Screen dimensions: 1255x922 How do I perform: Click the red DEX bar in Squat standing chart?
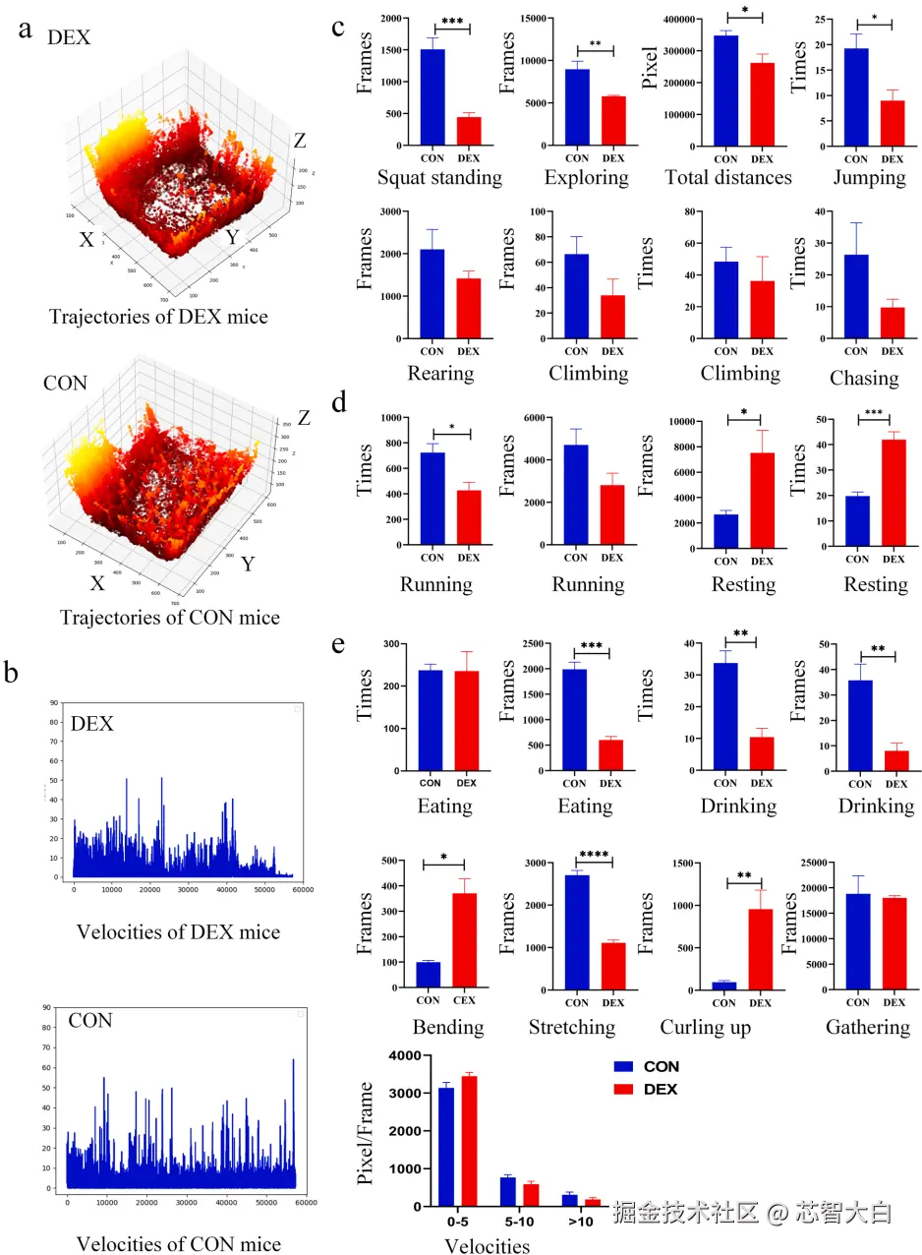[469, 131]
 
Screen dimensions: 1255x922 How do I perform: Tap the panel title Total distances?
[727, 178]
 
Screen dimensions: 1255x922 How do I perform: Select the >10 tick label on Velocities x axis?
[580, 1223]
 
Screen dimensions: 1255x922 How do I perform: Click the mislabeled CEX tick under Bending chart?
[464, 1002]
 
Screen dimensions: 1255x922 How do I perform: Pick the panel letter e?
[337, 645]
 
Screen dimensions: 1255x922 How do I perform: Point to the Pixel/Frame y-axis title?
[366, 1131]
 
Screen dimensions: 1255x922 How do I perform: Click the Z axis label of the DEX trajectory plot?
[299, 142]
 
